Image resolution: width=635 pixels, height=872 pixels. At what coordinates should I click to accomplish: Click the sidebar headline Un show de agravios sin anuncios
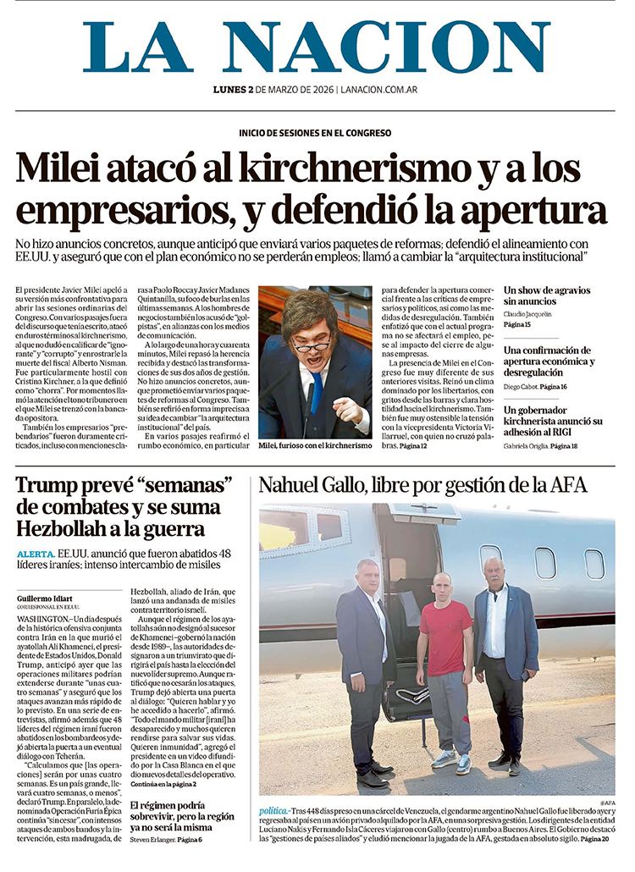click(x=547, y=295)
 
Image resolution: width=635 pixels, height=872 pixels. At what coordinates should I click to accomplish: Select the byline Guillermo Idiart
click(x=45, y=599)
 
